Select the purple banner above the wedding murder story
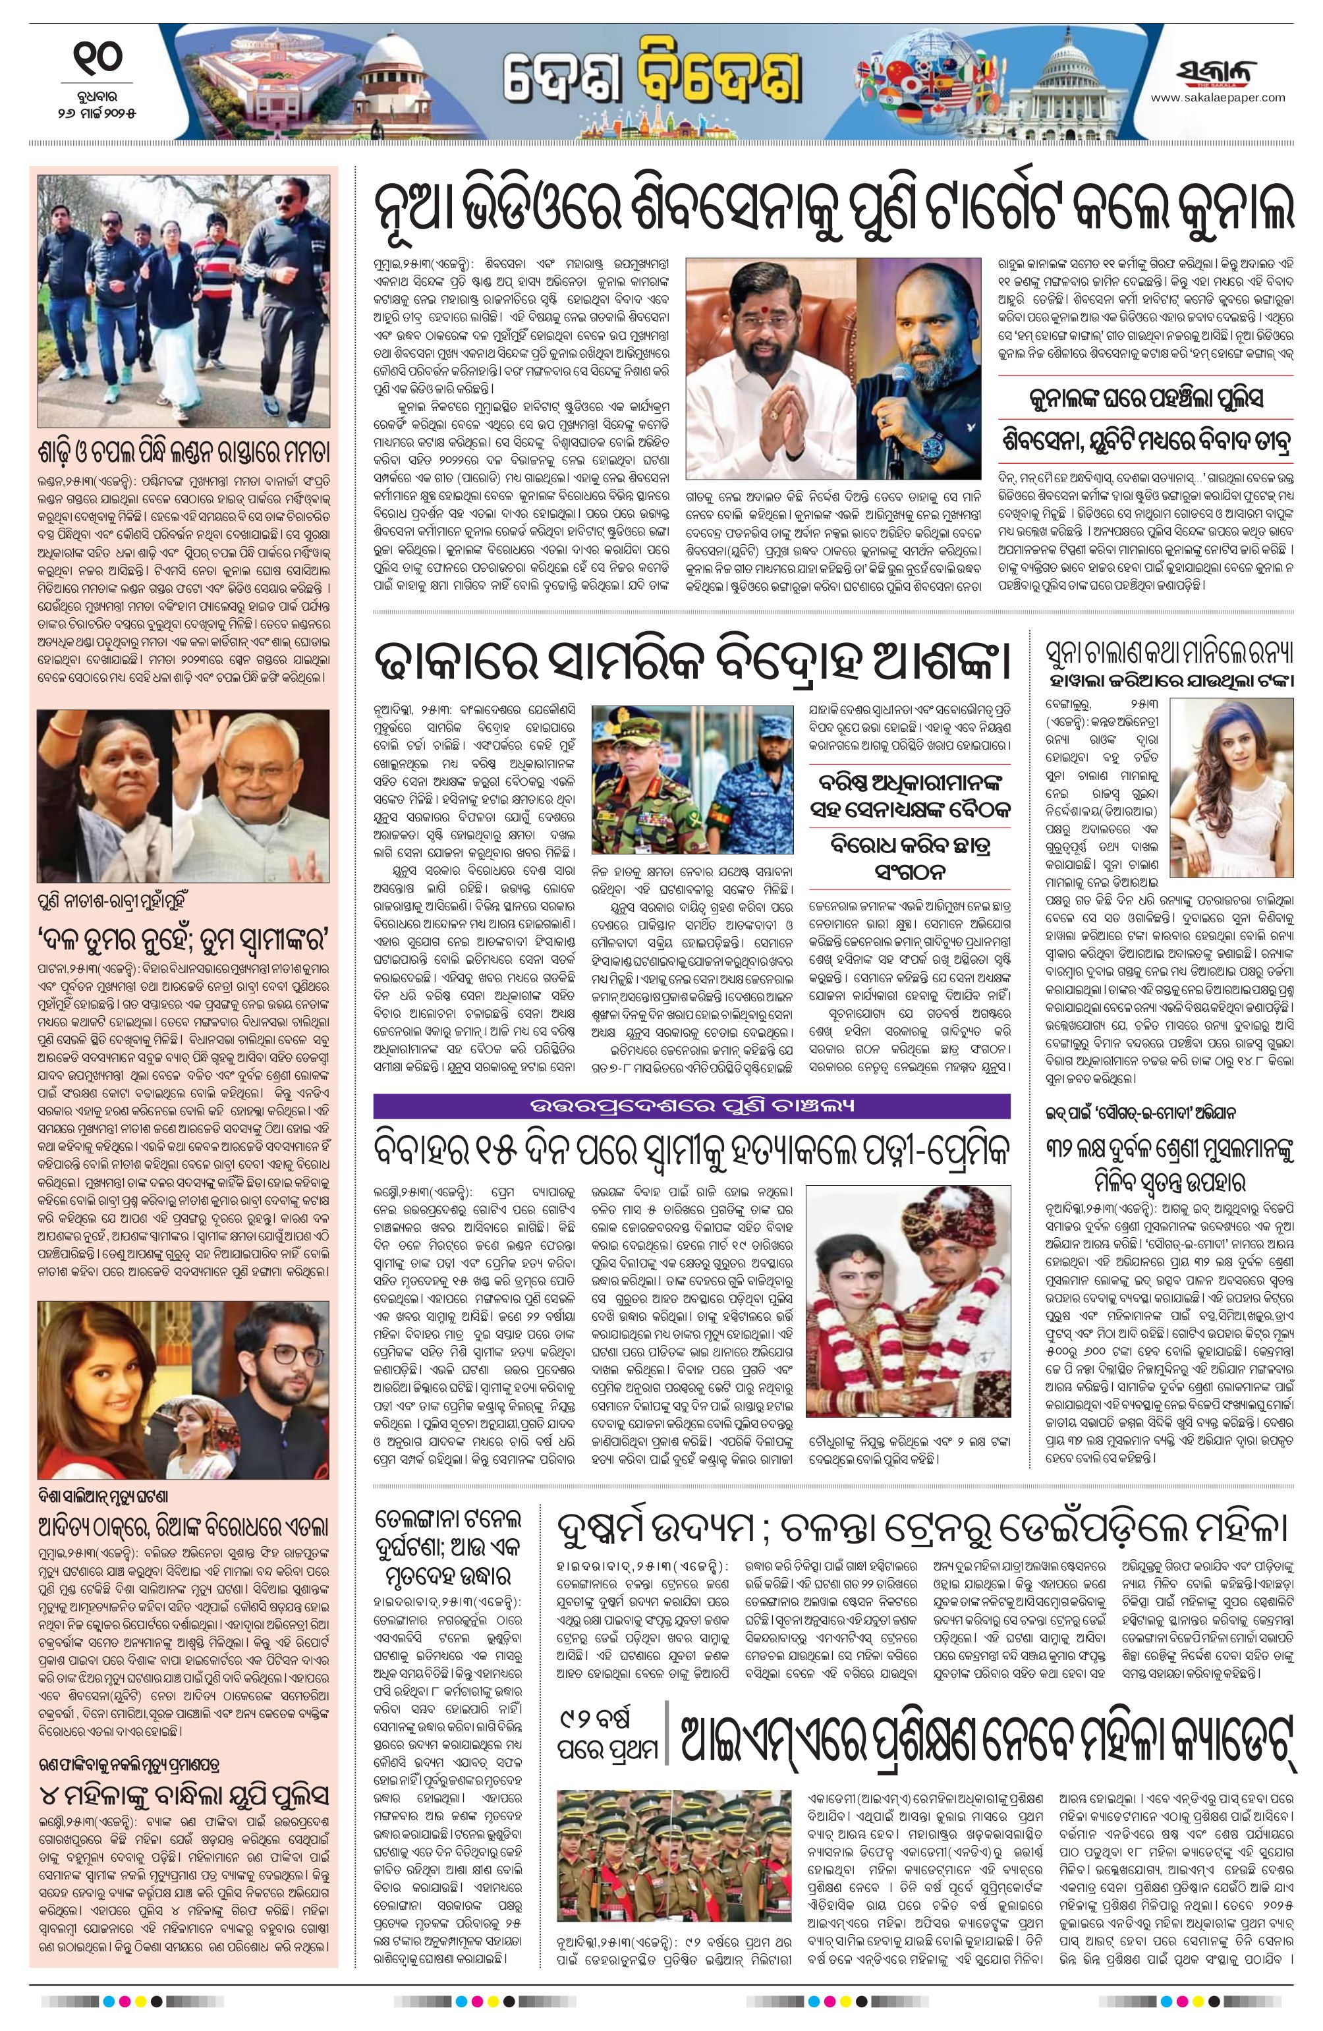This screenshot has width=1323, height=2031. click(x=691, y=1106)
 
